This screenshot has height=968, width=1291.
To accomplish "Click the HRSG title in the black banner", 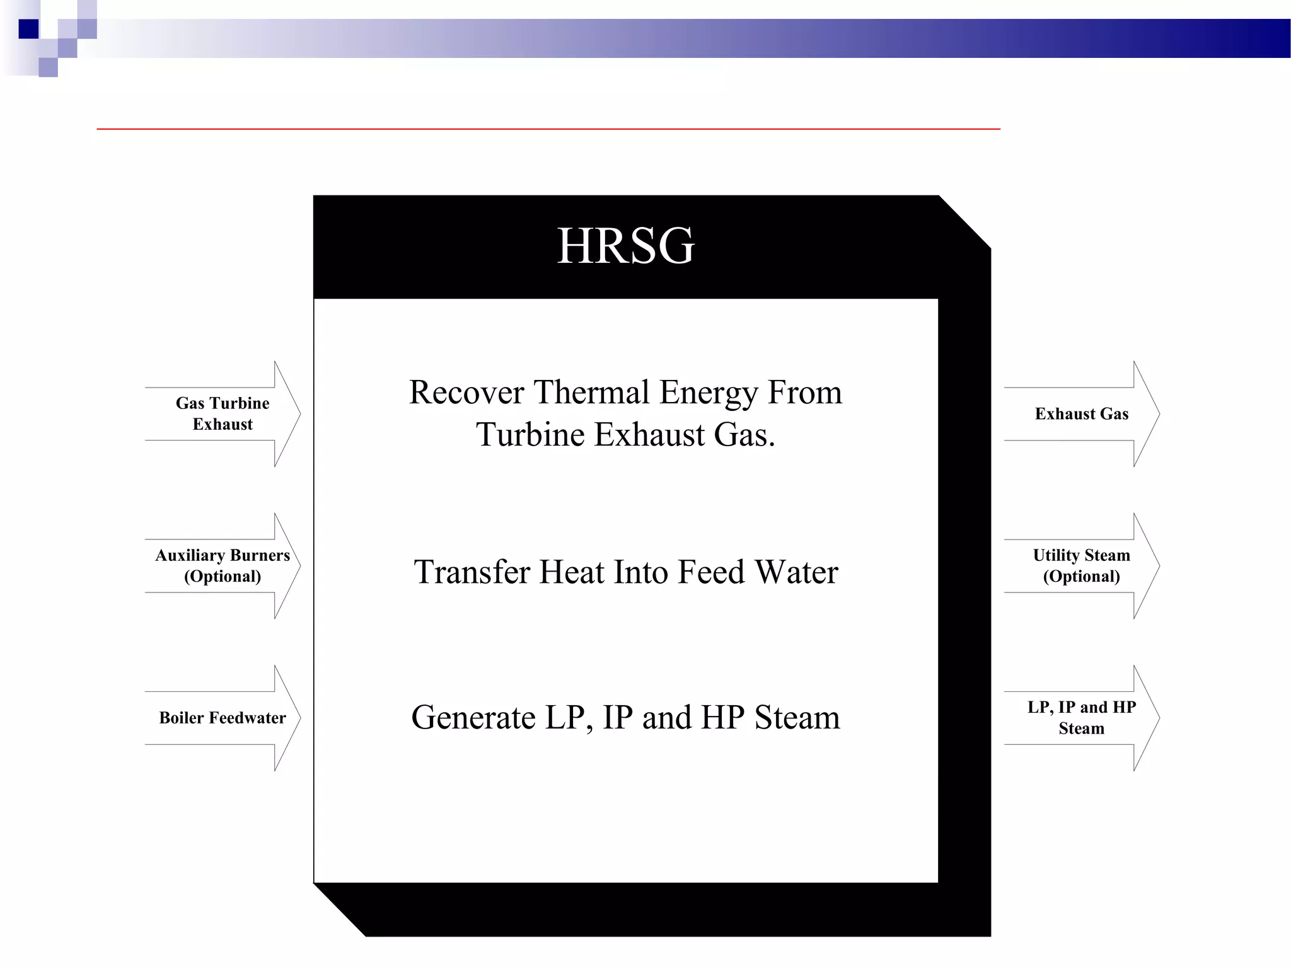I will click(625, 246).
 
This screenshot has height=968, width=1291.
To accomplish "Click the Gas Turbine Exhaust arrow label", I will click(223, 413).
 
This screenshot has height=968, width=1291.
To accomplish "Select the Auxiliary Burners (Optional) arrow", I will click(223, 565).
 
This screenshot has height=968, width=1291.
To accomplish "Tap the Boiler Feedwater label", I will click(223, 718).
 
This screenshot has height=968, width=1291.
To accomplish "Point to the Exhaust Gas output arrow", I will click(1081, 413).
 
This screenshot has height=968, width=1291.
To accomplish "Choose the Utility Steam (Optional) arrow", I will click(1081, 565).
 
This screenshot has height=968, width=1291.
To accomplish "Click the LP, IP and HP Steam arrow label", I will click(1081, 718).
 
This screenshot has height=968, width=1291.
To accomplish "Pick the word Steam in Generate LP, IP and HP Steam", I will click(797, 718).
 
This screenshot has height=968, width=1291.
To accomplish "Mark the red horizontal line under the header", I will click(548, 129).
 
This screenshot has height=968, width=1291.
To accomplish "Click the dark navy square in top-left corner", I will click(29, 29).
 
